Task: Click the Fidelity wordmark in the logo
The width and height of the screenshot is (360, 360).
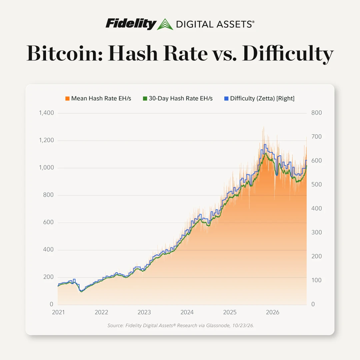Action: tap(131, 24)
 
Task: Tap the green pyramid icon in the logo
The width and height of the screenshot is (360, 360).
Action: tap(165, 24)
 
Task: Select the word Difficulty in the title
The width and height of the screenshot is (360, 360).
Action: tap(287, 54)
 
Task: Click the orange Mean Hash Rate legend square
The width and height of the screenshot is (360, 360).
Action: tap(67, 98)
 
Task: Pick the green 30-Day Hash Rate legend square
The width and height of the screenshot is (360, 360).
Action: tap(145, 98)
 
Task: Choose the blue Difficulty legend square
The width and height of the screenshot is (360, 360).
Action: tap(226, 98)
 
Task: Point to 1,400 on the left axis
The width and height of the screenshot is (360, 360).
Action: tap(46, 113)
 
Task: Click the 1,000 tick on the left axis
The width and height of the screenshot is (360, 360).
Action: tap(46, 167)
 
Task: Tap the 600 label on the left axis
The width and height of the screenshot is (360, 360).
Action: tap(48, 222)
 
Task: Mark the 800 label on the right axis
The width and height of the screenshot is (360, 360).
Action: tap(317, 113)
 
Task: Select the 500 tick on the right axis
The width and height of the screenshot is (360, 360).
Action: tap(317, 184)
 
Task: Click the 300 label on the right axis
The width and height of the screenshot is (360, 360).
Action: tap(317, 232)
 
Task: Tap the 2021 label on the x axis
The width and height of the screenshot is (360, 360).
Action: tap(58, 312)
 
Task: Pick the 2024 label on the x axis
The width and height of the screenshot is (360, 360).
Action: tap(187, 312)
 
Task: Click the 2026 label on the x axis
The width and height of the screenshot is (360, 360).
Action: tap(273, 312)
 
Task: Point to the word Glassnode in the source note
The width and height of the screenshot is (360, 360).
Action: tap(218, 325)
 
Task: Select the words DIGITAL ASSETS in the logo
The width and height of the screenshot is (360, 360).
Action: tap(215, 24)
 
